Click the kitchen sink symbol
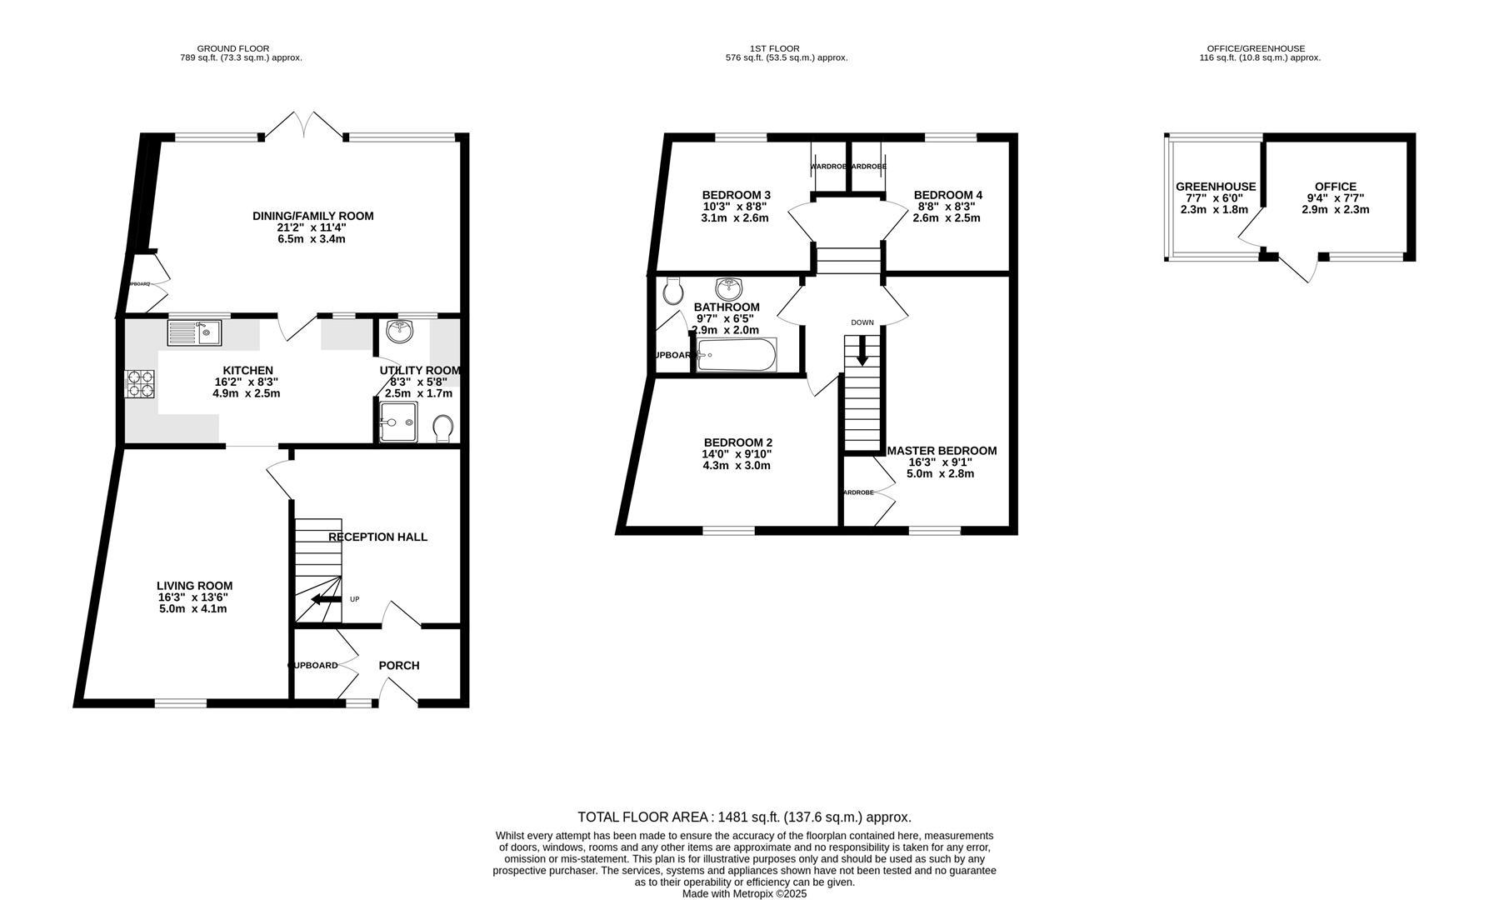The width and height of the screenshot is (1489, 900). [193, 333]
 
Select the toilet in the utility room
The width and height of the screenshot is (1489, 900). [443, 428]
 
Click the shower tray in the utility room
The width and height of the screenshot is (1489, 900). [397, 422]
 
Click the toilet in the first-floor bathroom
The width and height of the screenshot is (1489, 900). [672, 291]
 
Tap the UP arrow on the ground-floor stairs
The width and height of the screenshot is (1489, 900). [326, 599]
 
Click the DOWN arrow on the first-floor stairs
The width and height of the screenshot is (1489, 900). [862, 350]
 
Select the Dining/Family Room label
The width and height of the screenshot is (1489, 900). [312, 216]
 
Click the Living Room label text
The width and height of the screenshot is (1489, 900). [194, 586]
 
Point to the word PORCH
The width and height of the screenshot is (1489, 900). [399, 665]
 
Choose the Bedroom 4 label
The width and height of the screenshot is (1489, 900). [947, 195]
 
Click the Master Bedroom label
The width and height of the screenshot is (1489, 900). [942, 451]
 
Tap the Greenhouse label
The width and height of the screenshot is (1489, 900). [1215, 187]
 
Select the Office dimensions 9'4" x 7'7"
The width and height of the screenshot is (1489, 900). [1335, 198]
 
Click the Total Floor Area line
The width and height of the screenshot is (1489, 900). [744, 817]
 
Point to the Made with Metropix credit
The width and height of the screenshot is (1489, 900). [744, 893]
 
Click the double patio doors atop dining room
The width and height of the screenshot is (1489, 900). [304, 125]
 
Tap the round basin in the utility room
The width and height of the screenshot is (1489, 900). [400, 331]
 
